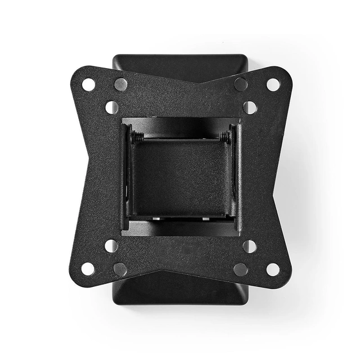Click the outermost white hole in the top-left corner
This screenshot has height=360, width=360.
[88, 84]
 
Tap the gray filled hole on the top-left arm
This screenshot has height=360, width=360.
[120, 84]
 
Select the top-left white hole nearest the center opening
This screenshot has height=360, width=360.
[111, 107]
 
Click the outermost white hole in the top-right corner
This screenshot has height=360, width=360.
[273, 84]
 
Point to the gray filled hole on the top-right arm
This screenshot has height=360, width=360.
[241, 84]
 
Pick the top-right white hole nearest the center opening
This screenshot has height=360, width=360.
[250, 107]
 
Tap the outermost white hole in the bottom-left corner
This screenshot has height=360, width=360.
[88, 269]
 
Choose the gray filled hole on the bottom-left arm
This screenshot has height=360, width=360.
[120, 269]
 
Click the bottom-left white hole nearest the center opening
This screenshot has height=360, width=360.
[111, 246]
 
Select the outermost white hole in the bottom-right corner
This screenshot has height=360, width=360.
[273, 269]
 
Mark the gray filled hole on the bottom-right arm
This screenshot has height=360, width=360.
[241, 269]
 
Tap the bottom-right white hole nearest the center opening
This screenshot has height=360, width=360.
[249, 246]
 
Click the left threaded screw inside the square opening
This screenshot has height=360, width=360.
[137, 137]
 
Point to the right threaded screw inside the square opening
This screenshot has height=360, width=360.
[224, 137]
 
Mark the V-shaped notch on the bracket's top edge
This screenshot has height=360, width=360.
[180, 84]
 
